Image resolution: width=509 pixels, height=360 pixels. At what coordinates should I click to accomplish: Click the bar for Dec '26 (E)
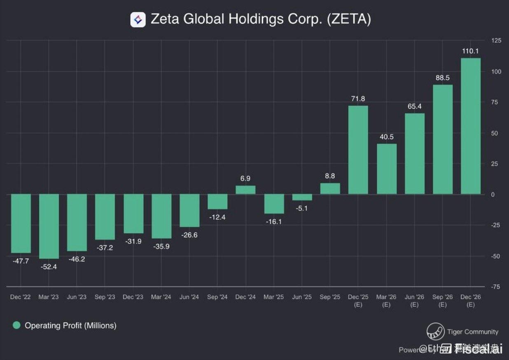pyautogui.click(x=471, y=126)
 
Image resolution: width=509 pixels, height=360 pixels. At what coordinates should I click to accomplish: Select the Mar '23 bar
pyautogui.click(x=49, y=226)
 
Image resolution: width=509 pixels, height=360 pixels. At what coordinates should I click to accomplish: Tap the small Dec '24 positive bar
pyautogui.click(x=245, y=190)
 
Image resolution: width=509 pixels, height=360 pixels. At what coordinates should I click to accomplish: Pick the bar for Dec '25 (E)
pyautogui.click(x=358, y=150)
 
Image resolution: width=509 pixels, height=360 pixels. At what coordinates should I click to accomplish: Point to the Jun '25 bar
pyautogui.click(x=302, y=197)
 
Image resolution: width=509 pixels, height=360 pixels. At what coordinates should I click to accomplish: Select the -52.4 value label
pyautogui.click(x=49, y=267)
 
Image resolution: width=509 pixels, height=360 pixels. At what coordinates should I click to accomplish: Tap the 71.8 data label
pyautogui.click(x=358, y=99)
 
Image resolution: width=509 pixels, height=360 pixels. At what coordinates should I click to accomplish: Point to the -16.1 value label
pyautogui.click(x=273, y=221)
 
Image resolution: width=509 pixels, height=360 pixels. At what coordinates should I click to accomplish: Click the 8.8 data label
pyautogui.click(x=330, y=176)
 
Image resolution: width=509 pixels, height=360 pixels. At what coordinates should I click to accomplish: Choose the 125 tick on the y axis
pyautogui.click(x=496, y=40)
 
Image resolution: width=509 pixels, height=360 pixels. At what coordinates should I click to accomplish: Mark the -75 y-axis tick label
pyautogui.click(x=495, y=287)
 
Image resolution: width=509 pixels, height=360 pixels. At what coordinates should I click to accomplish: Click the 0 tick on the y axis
pyautogui.click(x=493, y=195)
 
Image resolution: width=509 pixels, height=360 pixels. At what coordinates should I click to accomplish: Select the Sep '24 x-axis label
pyautogui.click(x=217, y=297)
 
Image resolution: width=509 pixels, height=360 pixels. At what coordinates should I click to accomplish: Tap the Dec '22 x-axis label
pyautogui.click(x=21, y=297)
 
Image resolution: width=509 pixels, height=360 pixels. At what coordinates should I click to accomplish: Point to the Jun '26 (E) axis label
pyautogui.click(x=414, y=301)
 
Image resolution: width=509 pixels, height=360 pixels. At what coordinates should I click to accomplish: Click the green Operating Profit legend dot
pyautogui.click(x=16, y=325)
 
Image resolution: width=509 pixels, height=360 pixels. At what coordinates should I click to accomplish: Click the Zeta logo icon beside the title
pyautogui.click(x=138, y=19)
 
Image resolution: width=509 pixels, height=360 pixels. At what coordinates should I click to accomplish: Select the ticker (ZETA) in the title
pyautogui.click(x=349, y=19)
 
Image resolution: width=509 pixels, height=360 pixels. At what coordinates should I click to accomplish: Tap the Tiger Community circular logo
pyautogui.click(x=435, y=332)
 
